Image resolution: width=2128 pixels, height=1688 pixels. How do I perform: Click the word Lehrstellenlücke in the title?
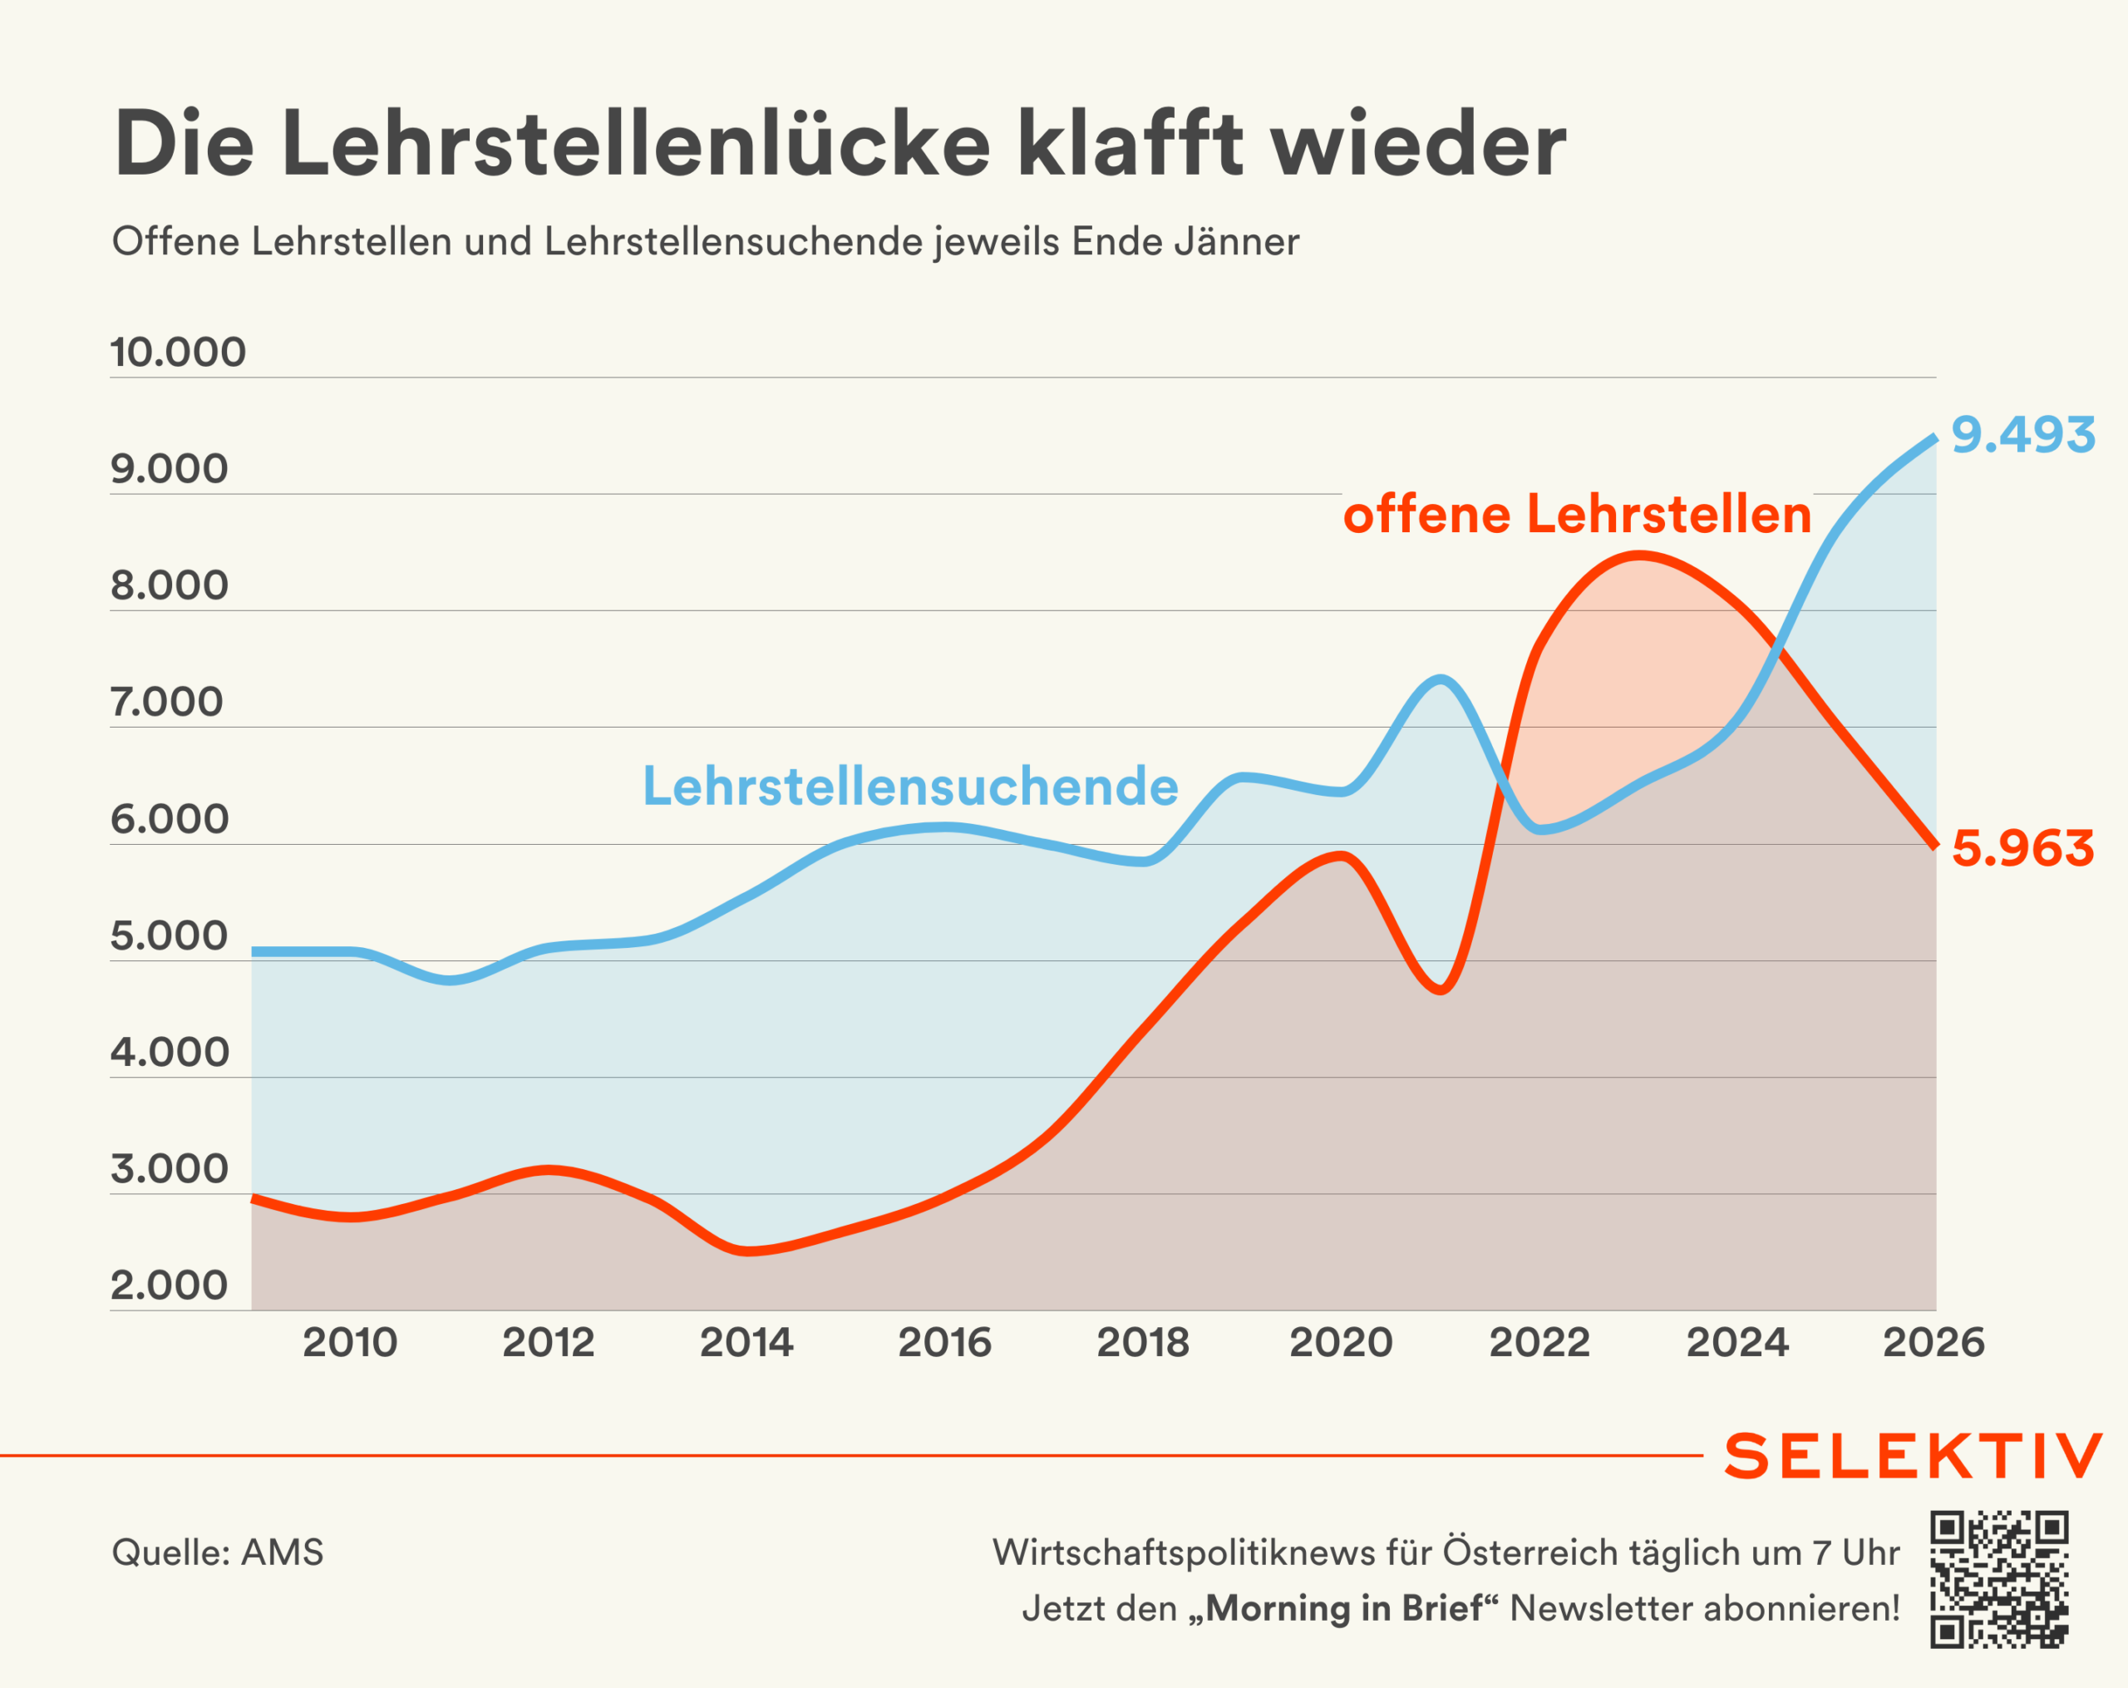(636, 146)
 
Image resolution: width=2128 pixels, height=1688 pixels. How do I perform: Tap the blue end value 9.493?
(2022, 436)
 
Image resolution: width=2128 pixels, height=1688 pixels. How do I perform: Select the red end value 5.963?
(2022, 849)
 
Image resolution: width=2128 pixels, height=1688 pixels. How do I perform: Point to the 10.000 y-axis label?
(178, 353)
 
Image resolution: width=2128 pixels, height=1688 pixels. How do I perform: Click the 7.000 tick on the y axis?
(167, 702)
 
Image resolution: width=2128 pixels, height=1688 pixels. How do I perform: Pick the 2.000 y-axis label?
(169, 1286)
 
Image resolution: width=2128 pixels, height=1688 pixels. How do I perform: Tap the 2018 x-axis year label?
(1143, 1343)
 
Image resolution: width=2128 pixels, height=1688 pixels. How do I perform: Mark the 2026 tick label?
(1933, 1343)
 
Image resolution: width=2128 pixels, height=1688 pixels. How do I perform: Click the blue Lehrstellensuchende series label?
(910, 787)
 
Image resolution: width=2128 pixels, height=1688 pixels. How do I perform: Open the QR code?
(1998, 1579)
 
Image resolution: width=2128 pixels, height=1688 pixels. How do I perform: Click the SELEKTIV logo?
(1912, 1456)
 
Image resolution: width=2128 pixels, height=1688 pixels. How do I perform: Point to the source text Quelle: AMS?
(217, 1552)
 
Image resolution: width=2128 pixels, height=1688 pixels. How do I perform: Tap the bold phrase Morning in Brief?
(1344, 1608)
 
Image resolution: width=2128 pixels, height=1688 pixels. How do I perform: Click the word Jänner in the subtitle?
(1237, 242)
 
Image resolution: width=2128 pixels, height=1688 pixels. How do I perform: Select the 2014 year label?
(746, 1343)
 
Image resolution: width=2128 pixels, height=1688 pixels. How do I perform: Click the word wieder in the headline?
(1417, 146)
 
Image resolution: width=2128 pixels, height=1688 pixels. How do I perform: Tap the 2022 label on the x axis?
(1539, 1343)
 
